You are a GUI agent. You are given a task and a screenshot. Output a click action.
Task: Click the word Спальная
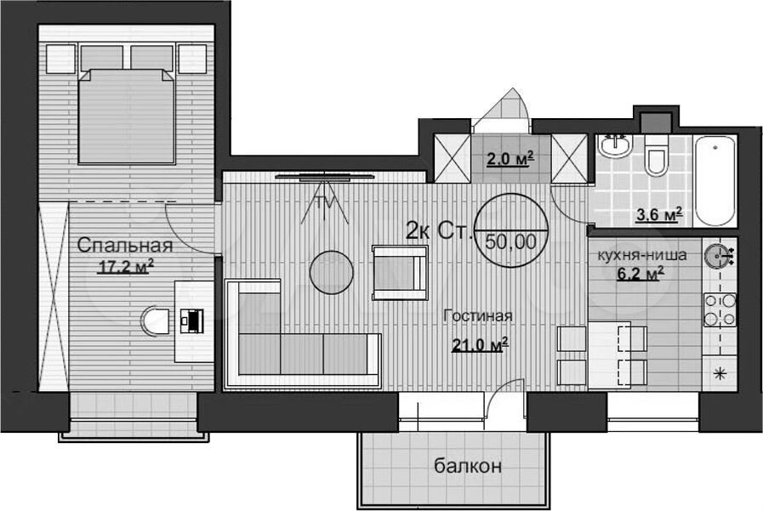point(125,246)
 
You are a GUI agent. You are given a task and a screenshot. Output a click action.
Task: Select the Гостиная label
point(478,315)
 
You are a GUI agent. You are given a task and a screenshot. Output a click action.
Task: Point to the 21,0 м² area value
point(481,344)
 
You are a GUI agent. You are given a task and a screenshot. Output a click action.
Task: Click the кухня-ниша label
point(642,255)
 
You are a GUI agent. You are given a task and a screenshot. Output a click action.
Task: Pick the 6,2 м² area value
point(641,274)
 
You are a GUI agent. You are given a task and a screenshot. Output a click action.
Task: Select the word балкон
point(468,466)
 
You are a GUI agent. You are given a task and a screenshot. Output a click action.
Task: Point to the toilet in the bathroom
point(656,156)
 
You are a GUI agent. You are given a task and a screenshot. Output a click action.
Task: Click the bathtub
point(715,181)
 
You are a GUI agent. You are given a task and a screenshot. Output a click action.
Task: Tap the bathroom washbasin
point(615,145)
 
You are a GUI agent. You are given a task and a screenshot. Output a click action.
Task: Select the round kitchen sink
point(717,255)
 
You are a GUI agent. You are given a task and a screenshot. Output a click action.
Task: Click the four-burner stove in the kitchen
point(720,309)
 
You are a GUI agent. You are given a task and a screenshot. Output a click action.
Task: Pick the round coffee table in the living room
point(332,272)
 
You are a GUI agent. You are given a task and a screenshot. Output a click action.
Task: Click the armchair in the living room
point(400,272)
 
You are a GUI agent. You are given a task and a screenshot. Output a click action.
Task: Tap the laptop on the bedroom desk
point(191,320)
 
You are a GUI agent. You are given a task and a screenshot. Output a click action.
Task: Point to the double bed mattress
point(126,116)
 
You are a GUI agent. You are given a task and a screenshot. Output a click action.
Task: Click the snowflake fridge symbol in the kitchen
point(720,373)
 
